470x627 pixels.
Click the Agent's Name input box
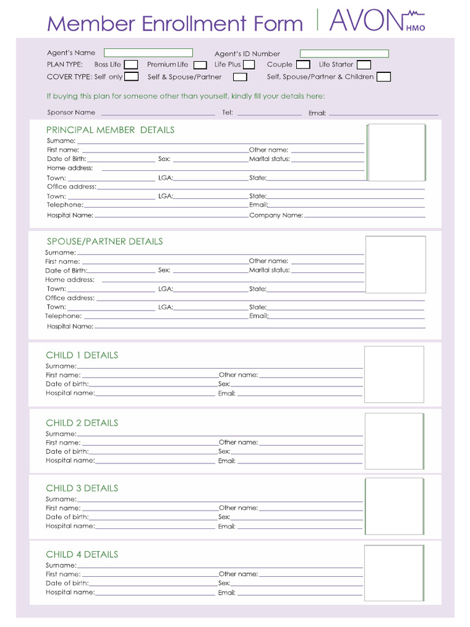tap(148, 53)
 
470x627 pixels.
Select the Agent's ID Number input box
tap(344, 54)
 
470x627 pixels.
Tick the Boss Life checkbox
tap(131, 65)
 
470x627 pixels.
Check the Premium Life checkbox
tap(200, 65)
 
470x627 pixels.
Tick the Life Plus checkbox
tap(249, 65)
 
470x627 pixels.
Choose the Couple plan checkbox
tap(303, 65)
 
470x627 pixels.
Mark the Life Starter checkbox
tap(364, 65)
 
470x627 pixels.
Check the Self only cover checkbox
tap(132, 77)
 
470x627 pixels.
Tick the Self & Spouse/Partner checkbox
tap(240, 77)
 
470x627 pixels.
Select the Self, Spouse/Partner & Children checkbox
tap(384, 77)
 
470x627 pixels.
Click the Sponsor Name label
tap(71, 113)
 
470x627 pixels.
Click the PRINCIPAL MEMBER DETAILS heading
tap(110, 130)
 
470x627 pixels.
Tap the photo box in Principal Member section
tap(396, 152)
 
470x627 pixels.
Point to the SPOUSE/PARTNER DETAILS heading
tap(105, 241)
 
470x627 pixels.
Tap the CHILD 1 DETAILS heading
tap(82, 355)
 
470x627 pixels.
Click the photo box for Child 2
tap(394, 441)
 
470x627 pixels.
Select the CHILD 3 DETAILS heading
tap(82, 488)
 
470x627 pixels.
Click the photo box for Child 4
tap(394, 573)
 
